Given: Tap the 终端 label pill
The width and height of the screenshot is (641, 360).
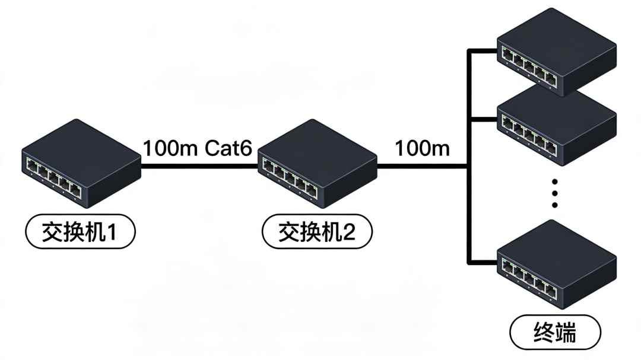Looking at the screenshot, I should coord(556,333).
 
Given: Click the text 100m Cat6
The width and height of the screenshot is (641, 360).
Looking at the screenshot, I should coord(198,148).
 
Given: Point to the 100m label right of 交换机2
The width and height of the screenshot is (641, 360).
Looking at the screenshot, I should coord(422,148).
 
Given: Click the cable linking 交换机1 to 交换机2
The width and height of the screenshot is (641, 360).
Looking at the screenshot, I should coord(199,167).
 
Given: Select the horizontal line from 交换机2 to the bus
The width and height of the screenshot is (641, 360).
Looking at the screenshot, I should coord(421,167).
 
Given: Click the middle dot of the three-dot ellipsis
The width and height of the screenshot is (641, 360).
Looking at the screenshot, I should coord(555,193).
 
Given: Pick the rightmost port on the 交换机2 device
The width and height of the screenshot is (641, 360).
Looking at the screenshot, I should coord(310,189).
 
